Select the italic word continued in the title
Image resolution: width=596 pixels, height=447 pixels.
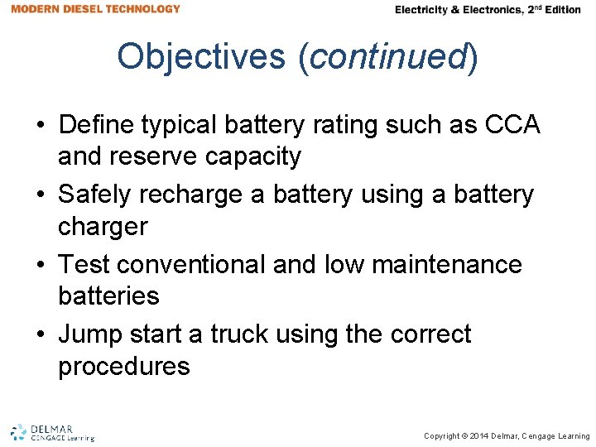click(387, 56)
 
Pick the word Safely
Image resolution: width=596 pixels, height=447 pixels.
click(96, 195)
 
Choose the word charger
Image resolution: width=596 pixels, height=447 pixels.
click(103, 225)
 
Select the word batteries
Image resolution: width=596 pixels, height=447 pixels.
click(108, 295)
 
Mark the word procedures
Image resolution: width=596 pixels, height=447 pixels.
click(124, 365)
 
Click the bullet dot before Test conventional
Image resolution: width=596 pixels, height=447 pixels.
click(40, 265)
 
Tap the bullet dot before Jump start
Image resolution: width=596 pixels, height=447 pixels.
click(40, 334)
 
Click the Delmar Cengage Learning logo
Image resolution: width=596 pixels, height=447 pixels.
click(52, 433)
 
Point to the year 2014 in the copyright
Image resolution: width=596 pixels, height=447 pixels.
click(479, 436)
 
